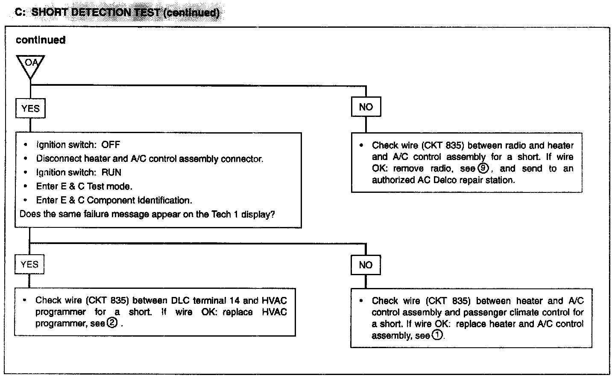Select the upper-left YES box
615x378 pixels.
(x=30, y=108)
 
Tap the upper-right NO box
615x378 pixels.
(x=366, y=107)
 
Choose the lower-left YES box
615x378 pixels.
(x=29, y=265)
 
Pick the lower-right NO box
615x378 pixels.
(x=366, y=265)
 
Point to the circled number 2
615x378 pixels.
(x=111, y=323)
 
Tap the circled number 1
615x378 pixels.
(x=437, y=335)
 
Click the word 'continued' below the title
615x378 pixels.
(x=41, y=40)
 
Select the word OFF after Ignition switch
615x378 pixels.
(x=111, y=145)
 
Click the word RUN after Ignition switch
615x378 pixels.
(x=111, y=172)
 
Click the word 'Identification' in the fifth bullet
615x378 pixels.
(x=164, y=200)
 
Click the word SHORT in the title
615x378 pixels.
(x=50, y=12)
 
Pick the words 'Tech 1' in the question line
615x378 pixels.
(x=225, y=214)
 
